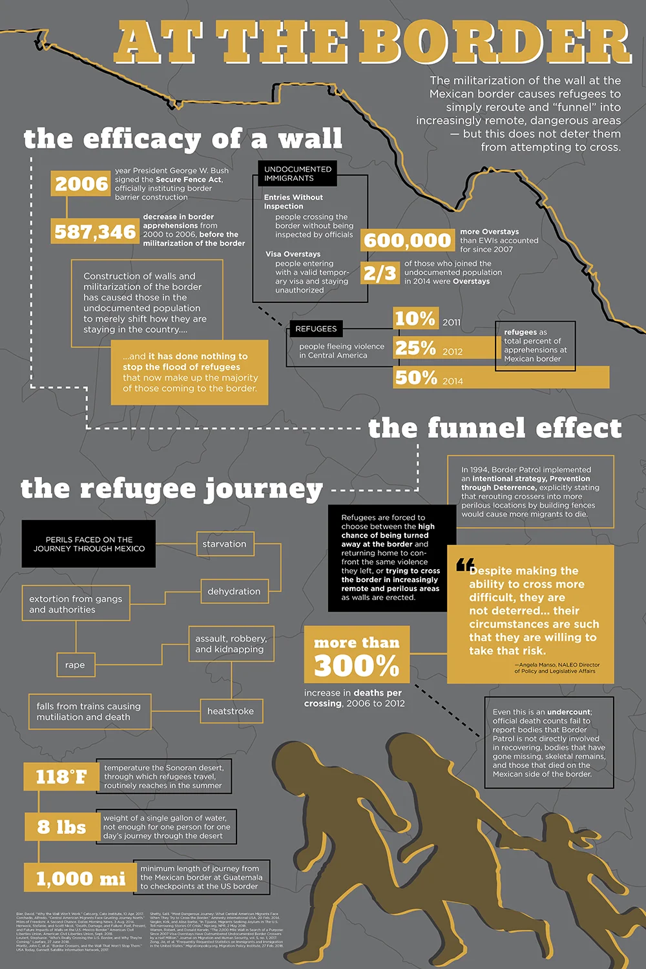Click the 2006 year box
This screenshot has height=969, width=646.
point(81,184)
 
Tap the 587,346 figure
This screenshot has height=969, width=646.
point(95,232)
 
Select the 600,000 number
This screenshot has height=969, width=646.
point(407,240)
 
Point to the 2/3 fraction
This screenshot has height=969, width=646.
point(379,273)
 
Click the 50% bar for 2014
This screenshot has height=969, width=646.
point(501,377)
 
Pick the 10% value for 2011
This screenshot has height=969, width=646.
point(415,318)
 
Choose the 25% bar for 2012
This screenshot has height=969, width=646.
point(446,348)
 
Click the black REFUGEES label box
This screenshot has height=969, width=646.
point(316,329)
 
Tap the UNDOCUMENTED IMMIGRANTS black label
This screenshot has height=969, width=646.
point(298,174)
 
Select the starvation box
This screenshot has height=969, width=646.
point(225,544)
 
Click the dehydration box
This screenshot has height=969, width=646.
point(234,591)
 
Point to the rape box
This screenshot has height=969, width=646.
point(75,665)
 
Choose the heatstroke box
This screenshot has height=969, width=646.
point(231,711)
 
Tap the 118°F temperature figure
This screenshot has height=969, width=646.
point(61,776)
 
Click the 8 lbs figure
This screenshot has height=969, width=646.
point(61,827)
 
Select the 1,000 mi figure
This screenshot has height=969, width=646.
point(80,879)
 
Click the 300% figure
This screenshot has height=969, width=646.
point(357,665)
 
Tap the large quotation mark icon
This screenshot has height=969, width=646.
point(465,565)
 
